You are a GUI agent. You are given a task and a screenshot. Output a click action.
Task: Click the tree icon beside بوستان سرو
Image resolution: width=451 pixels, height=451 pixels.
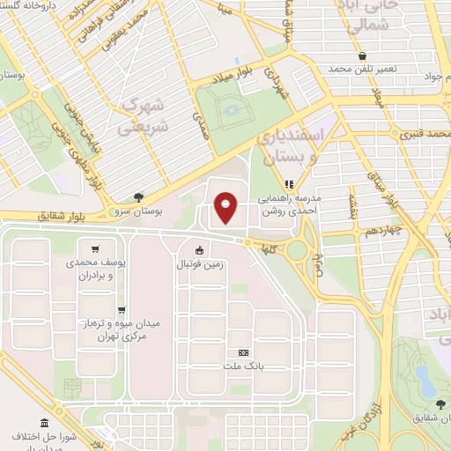[x=139, y=197]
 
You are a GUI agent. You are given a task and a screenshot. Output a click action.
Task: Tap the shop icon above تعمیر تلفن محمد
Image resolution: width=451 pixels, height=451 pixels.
[x=363, y=56]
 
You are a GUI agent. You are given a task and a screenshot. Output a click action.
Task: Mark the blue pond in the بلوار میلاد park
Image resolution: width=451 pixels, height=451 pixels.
[x=232, y=110]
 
